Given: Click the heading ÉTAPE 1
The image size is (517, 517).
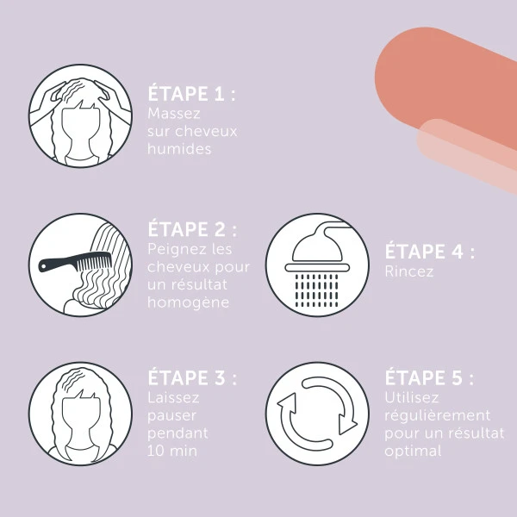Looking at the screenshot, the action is tap(191, 93).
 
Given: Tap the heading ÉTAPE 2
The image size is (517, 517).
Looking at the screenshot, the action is tap(192, 229).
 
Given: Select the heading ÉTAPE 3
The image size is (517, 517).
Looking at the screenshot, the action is tap(192, 377).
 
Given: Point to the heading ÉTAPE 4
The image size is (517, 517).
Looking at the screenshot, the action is tap(430, 252).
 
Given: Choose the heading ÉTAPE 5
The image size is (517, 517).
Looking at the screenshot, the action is tap(429, 377).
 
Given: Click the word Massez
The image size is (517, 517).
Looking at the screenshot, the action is tap(174, 114).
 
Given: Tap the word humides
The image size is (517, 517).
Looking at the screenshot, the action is tap(179, 149).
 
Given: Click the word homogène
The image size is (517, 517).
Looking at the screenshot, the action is tap(188, 302).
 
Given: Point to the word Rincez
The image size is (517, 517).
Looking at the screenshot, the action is tap(409, 271).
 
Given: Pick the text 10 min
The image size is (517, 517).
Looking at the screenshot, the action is tap(172, 451).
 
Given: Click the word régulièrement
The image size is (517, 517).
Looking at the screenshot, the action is tap(438, 415).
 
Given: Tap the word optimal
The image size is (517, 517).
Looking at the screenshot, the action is tap(413, 451).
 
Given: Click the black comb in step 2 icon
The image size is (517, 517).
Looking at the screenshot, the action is tap(75, 263).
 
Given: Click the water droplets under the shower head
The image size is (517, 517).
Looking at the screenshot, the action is tap(316, 290).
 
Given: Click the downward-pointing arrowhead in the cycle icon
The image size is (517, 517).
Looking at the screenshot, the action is tap(347, 425).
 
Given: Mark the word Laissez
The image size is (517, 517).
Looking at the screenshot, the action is tap(173, 397).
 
